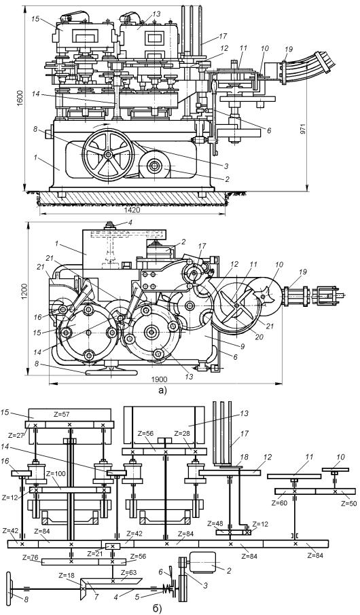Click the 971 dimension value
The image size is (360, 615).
(313, 130)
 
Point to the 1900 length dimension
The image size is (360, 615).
(160, 379)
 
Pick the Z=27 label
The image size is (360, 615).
(17, 435)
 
